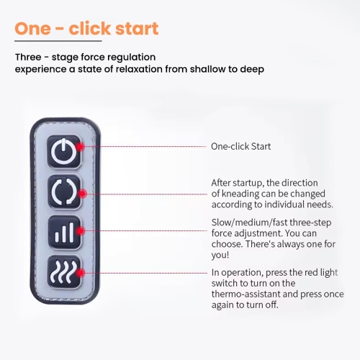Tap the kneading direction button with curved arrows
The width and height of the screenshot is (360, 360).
[x=64, y=192]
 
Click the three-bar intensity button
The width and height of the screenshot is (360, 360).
[x=64, y=232]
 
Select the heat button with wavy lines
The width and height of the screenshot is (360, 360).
[x=64, y=272]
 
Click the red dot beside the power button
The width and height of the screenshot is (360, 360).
[x=80, y=146]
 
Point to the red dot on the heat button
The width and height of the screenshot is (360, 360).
[x=81, y=273]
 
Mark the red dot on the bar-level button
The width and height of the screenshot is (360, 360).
[x=81, y=231]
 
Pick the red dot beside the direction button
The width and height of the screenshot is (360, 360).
[x=82, y=194]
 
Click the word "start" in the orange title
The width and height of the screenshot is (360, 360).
[x=137, y=29]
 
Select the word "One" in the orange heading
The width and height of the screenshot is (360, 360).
[x=33, y=29]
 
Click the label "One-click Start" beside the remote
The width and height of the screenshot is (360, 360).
[x=240, y=146]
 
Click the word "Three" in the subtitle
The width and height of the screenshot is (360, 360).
[x=28, y=58]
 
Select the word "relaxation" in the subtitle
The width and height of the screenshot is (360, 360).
[x=139, y=69]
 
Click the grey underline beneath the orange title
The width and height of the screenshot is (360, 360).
[x=58, y=41]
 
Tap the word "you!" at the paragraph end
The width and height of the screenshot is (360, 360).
[x=220, y=255]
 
